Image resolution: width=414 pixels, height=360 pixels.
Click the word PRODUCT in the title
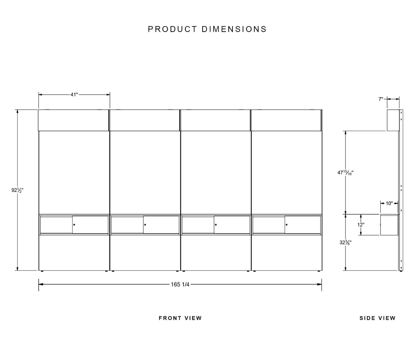[x=172, y=29]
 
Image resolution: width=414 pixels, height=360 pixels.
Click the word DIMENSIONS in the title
[x=234, y=29]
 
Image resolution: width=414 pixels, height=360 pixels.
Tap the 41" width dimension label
[x=74, y=94]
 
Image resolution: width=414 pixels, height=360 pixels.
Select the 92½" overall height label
[x=17, y=190]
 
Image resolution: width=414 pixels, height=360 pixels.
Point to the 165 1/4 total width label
[x=180, y=284]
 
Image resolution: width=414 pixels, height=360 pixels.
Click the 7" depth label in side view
[x=381, y=99]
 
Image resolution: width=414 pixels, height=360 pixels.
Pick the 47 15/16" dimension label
[x=345, y=172]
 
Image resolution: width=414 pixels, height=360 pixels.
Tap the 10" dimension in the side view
[x=389, y=203]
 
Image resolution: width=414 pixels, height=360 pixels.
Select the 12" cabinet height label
[x=361, y=225]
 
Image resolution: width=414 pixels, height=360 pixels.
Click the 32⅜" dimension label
[x=345, y=242]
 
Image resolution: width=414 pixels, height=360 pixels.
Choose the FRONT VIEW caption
[x=180, y=318]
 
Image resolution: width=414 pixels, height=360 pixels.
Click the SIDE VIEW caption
[x=377, y=318]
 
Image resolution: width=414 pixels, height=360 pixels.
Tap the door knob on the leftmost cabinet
[x=74, y=225]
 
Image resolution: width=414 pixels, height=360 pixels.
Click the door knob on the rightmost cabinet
[x=286, y=225]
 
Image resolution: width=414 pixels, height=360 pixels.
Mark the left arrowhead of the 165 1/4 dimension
[x=41, y=284]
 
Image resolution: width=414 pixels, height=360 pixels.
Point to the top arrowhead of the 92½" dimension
[x=17, y=112]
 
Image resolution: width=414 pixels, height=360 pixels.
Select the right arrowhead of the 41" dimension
[x=108, y=94]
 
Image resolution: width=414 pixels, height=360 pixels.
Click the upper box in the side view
[x=393, y=120]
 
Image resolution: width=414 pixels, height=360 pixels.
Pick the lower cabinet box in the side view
[x=389, y=225]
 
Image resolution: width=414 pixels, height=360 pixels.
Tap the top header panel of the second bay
[x=145, y=120]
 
